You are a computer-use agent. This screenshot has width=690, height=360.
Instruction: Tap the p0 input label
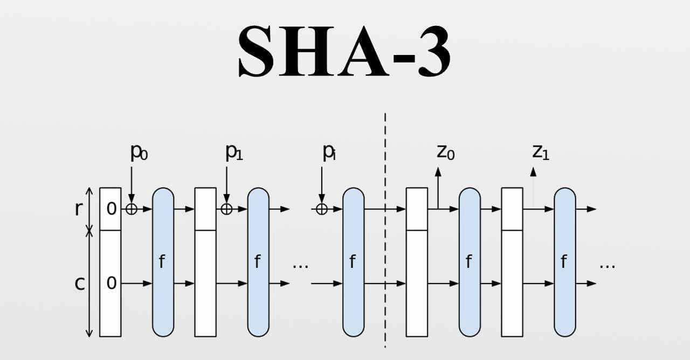(x=139, y=153)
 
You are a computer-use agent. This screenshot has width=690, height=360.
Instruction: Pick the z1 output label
(x=541, y=153)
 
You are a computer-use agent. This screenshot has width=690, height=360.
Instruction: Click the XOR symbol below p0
(x=132, y=209)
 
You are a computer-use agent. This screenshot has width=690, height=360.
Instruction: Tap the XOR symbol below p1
(x=226, y=209)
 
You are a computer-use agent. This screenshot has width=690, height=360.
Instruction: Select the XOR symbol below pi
(x=322, y=209)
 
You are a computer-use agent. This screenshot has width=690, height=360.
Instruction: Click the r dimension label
(x=79, y=209)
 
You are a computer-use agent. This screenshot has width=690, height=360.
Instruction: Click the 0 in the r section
(x=111, y=209)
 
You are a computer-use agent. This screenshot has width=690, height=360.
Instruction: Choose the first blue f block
(x=163, y=262)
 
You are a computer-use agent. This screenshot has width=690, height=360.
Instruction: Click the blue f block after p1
(x=258, y=262)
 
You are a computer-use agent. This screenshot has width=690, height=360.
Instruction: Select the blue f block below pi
(x=354, y=262)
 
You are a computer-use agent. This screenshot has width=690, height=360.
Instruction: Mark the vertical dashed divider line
(x=385, y=232)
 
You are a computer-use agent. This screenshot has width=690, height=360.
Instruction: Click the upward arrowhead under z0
(x=438, y=172)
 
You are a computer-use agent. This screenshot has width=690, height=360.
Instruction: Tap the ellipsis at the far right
(x=608, y=266)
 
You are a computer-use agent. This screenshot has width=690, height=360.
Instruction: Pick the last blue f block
(x=564, y=262)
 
